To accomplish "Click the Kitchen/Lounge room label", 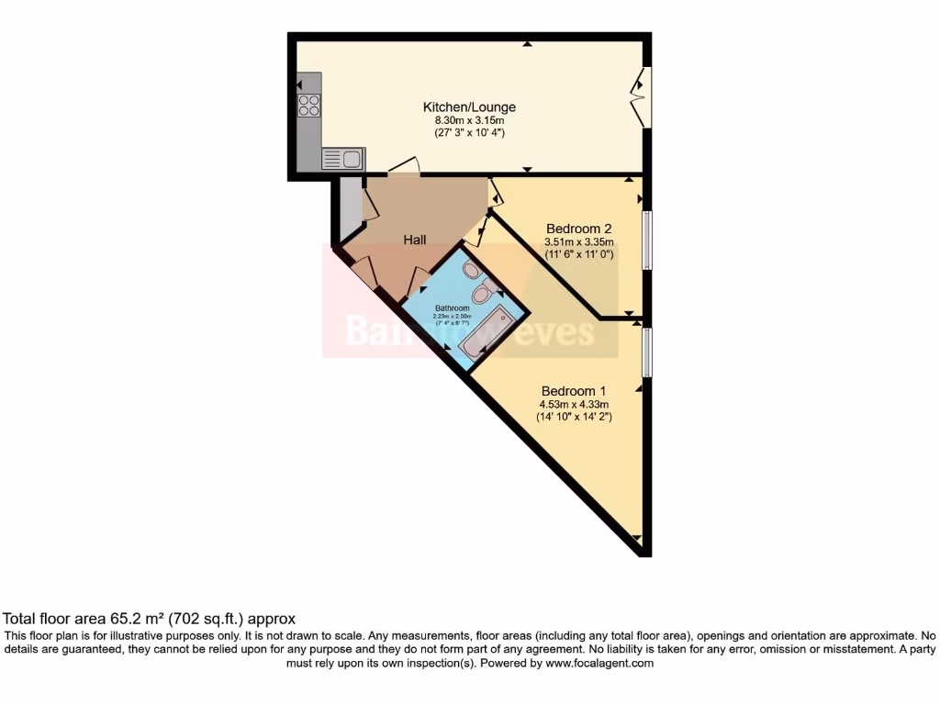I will (x=469, y=106).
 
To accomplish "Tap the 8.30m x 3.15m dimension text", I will (x=469, y=120).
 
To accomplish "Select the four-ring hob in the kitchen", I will (x=309, y=106).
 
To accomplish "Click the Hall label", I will (x=415, y=240).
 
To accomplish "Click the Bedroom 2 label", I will (x=578, y=229).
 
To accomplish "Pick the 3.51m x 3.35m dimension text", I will (x=578, y=242).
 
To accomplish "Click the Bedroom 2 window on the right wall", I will (x=646, y=241).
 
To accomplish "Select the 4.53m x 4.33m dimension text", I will (x=574, y=403).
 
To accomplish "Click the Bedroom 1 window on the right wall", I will (x=646, y=352).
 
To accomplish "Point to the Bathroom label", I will (x=452, y=308).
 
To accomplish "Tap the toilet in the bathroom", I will (x=481, y=295).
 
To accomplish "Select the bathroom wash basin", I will (x=471, y=270).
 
